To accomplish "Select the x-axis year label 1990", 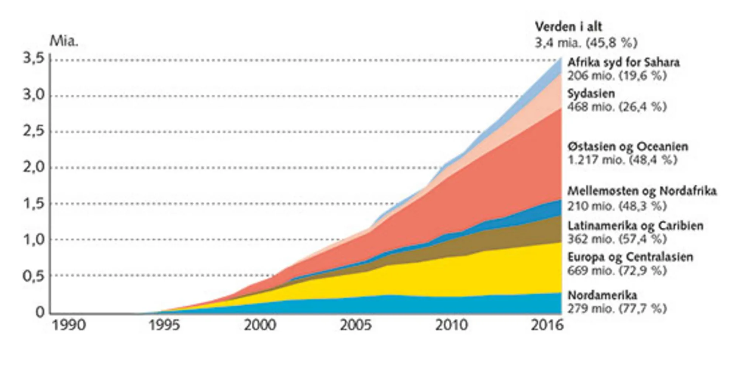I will [69, 325].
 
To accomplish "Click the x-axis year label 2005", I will [355, 325].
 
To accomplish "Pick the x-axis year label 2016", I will [547, 325].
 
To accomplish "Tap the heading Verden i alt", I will [568, 27].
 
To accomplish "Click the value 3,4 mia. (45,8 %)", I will [586, 43].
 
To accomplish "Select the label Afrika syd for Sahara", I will [623, 62].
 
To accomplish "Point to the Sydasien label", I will [591, 93].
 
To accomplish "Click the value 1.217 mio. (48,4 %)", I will [622, 160].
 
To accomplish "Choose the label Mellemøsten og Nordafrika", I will [642, 191].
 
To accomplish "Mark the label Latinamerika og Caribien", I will [635, 225].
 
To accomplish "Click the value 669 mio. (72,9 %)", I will [617, 271].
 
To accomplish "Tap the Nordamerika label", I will [602, 295].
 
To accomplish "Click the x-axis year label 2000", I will [260, 325].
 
